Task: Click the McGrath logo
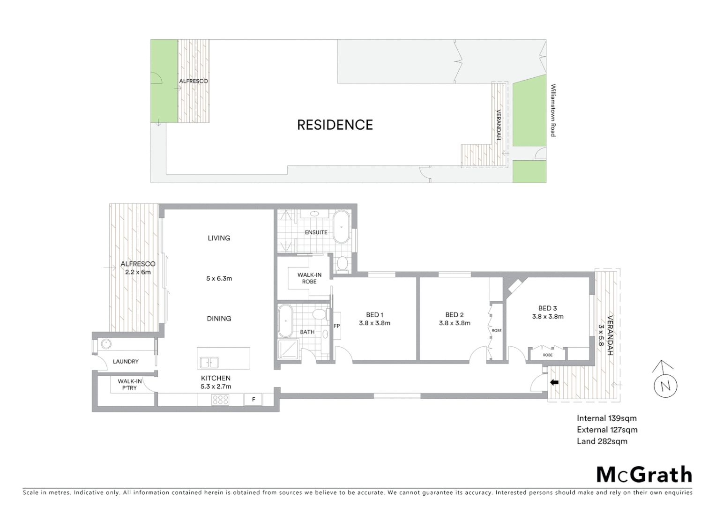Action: (x=644, y=475)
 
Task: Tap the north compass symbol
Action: (x=665, y=386)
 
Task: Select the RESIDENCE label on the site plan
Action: (x=335, y=125)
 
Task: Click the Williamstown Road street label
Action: (x=553, y=110)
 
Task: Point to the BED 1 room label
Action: (x=374, y=315)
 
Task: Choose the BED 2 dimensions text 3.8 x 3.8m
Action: (x=454, y=323)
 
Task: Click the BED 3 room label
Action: (x=547, y=308)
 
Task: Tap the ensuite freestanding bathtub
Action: (x=341, y=227)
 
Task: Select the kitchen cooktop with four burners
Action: (x=220, y=400)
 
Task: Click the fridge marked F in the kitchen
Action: (x=254, y=400)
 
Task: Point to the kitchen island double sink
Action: (x=209, y=362)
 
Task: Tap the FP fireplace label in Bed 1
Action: (x=336, y=326)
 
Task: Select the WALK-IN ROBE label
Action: (x=309, y=278)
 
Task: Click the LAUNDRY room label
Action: (x=126, y=361)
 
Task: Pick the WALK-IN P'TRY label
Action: (x=130, y=385)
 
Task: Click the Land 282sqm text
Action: (x=602, y=441)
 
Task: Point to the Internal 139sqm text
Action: (x=606, y=418)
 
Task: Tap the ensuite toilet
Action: (x=342, y=264)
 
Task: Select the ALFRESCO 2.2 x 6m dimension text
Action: (x=138, y=272)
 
